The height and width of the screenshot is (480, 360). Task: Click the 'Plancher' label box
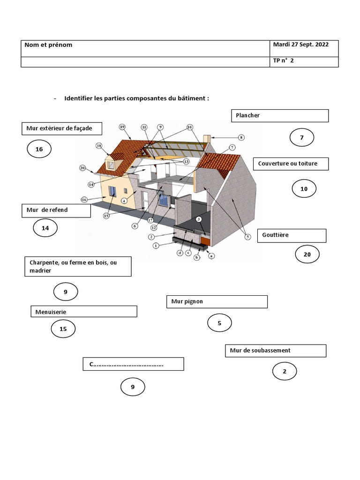click(280, 116)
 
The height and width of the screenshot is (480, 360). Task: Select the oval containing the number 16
click(39, 150)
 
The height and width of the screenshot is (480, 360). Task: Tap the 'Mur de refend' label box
click(56, 210)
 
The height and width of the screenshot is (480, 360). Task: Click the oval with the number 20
click(307, 255)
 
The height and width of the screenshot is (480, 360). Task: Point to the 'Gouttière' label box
click(292, 235)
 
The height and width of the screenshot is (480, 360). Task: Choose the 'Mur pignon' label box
click(217, 301)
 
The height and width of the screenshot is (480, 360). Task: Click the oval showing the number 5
click(219, 322)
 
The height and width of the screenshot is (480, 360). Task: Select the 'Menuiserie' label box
click(84, 311)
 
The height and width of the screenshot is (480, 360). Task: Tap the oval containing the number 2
click(284, 372)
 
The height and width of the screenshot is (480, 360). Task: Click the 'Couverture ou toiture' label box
click(291, 164)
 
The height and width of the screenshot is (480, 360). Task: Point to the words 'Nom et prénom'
click(48, 45)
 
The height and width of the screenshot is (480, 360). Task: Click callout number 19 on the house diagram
click(122, 127)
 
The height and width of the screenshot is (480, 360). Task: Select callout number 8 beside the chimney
click(241, 137)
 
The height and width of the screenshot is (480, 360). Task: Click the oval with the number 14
click(45, 228)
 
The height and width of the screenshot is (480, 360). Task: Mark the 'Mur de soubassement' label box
click(275, 351)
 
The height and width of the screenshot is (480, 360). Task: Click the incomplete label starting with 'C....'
click(133, 364)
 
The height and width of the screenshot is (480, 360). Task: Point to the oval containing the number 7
click(301, 138)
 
